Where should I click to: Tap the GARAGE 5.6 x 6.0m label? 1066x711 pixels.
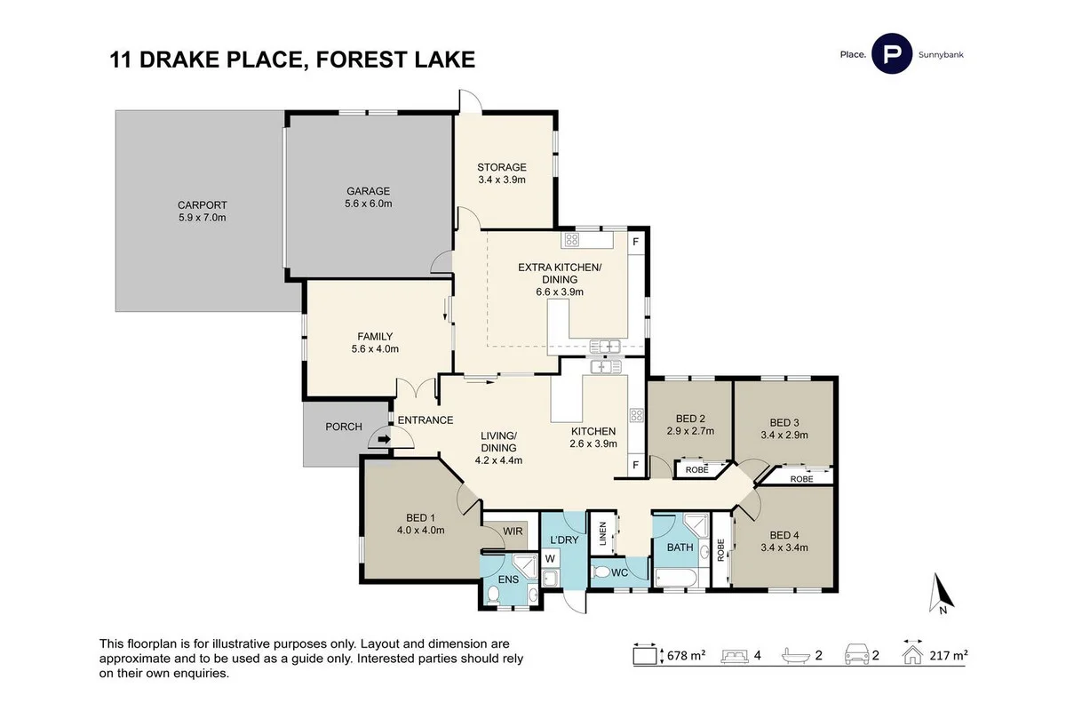[369, 196]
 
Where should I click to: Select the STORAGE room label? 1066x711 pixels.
[502, 172]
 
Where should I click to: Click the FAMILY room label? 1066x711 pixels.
[375, 342]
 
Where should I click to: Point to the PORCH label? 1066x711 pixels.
[343, 427]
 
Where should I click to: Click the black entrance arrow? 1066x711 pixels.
[384, 439]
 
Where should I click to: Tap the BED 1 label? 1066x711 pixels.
[419, 523]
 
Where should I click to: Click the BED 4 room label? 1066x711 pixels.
[784, 540]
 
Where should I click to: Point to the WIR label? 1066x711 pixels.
[513, 531]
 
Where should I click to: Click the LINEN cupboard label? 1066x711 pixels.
[602, 534]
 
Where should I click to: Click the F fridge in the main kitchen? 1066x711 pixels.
[636, 466]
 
